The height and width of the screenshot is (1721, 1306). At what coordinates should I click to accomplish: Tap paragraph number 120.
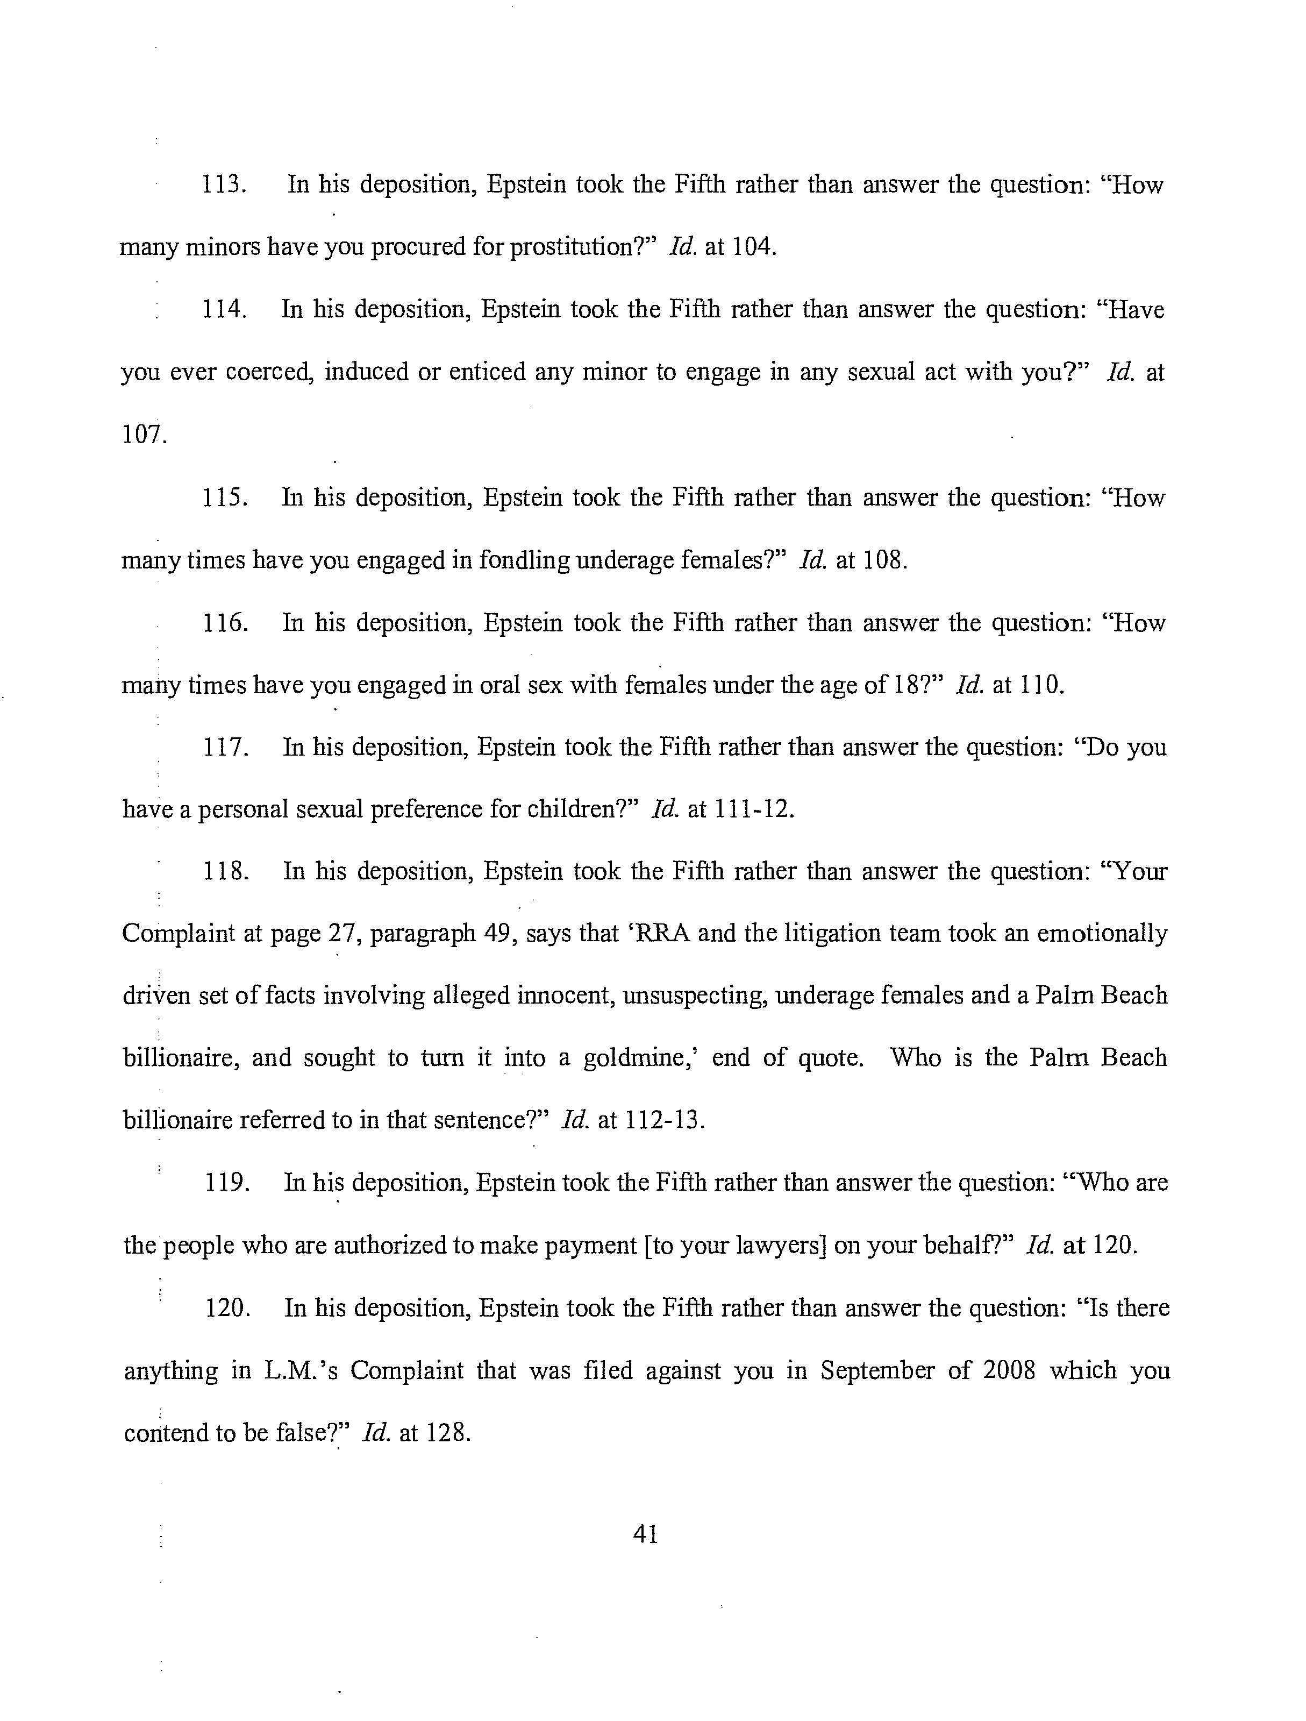(227, 1308)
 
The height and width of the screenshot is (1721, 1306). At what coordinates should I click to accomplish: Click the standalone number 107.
(144, 434)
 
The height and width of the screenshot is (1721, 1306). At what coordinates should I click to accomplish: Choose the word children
(576, 810)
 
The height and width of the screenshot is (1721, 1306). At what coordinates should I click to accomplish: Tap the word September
(876, 1370)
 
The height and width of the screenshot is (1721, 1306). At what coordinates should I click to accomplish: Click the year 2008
(1009, 1370)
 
